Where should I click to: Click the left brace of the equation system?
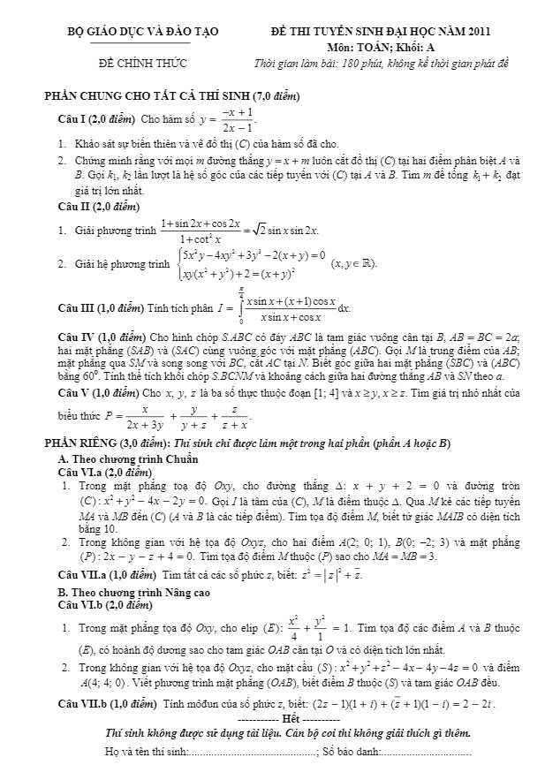(x=180, y=264)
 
